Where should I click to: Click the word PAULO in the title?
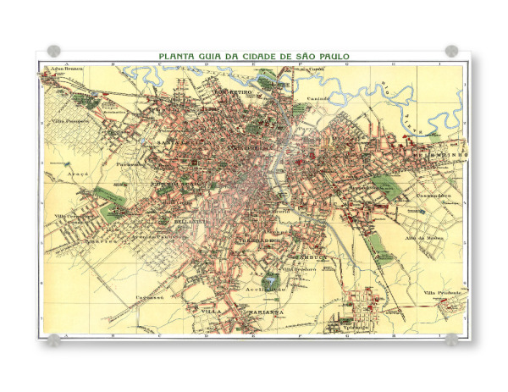click(329, 56)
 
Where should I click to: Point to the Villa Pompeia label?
click(70, 120)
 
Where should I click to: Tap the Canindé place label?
click(317, 99)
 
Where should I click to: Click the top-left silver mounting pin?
click(53, 51)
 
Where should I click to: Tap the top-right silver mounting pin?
click(451, 51)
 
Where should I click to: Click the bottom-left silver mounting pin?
click(53, 340)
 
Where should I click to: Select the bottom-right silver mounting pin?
click(451, 340)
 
